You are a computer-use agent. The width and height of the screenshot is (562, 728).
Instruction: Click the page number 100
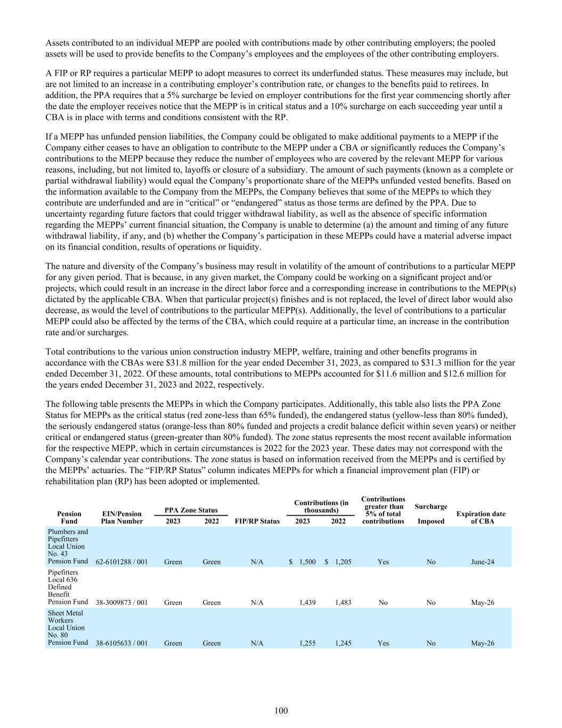coord(281,710)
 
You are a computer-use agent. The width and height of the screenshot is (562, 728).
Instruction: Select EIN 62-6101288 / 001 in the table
coord(121,562)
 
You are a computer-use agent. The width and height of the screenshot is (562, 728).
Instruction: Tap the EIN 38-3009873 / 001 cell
coord(121,602)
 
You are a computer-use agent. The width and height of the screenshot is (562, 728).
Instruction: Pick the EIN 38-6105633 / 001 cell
coord(121,643)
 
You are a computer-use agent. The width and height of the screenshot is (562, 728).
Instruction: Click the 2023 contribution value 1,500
coord(307,562)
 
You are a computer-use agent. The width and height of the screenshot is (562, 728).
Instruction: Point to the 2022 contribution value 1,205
coord(343,562)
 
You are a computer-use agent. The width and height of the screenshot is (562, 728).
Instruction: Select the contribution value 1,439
coord(307,602)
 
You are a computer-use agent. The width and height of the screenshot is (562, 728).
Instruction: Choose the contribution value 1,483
coord(343,602)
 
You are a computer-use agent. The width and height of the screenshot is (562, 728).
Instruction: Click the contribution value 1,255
coord(307,643)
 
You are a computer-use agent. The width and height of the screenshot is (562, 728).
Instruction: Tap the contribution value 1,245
coord(343,643)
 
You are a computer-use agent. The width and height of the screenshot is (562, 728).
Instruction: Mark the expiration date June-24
coord(483,562)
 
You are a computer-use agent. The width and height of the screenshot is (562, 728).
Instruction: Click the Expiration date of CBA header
coord(483,517)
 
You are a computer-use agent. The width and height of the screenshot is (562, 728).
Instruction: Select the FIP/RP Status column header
coord(257,521)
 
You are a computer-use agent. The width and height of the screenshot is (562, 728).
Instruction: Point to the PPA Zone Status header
coord(192,510)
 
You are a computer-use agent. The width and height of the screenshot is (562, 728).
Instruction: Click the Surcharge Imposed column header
coord(430,514)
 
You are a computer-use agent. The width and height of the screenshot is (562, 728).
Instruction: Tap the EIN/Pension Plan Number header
coord(121,517)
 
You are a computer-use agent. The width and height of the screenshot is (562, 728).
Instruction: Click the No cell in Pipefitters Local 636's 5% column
coord(383,602)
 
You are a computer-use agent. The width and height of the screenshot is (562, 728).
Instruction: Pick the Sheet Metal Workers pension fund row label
coord(68,628)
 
